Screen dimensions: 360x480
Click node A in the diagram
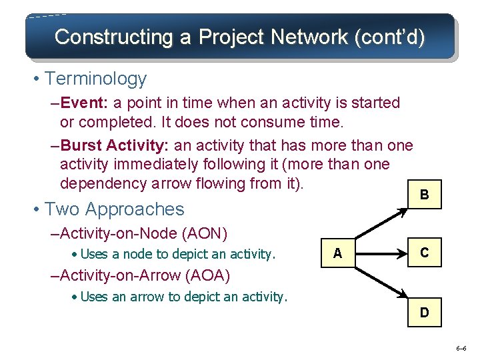pos(337,253)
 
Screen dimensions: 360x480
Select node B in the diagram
pos(424,195)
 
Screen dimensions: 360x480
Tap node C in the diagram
pos(424,253)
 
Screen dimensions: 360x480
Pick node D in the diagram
pos(424,312)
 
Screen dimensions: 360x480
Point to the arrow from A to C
pos(380,253)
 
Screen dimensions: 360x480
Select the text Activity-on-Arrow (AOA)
pos(148,275)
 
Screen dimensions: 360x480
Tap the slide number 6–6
pos(461,349)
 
